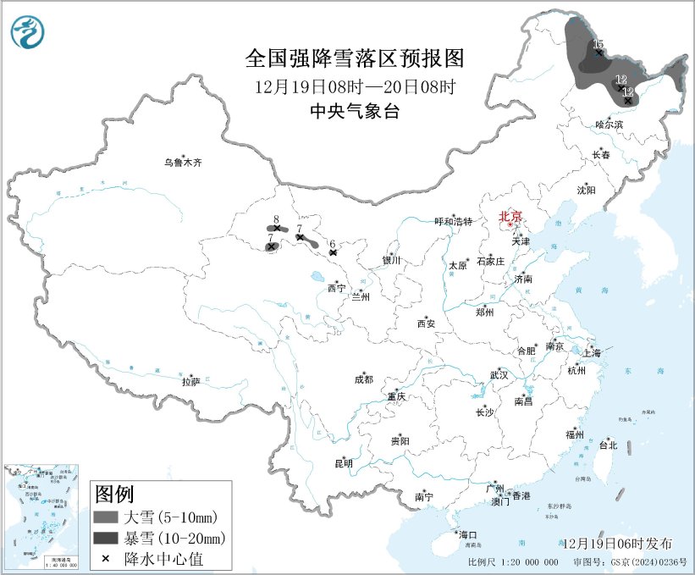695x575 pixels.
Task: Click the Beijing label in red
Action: tap(510, 217)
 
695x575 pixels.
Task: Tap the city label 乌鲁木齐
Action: tap(184, 163)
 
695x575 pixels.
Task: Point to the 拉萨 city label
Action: tap(190, 382)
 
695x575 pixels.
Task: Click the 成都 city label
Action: tap(364, 380)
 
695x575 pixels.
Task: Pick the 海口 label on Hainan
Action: tap(468, 534)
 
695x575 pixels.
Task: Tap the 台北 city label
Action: tap(608, 445)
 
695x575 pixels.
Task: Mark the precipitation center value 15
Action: tap(598, 44)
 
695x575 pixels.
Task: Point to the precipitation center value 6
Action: tap(333, 243)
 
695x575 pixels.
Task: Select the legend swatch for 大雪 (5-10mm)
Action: tap(105, 517)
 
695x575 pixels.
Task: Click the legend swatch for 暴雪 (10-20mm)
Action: tap(105, 538)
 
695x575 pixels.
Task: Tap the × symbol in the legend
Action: tap(105, 559)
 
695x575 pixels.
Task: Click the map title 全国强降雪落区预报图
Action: tap(355, 58)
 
